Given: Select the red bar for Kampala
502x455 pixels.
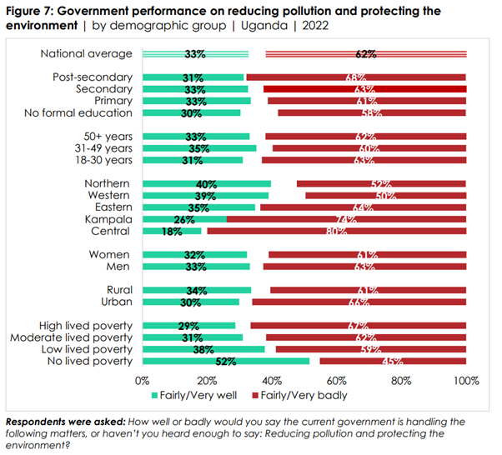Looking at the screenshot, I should coord(346,219).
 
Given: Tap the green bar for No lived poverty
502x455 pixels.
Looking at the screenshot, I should coord(226,361).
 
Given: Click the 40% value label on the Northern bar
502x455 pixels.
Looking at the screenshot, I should coord(195,183).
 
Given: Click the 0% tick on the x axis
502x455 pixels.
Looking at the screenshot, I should coord(143,381).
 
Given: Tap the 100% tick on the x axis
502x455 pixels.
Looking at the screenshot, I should coord(465,381).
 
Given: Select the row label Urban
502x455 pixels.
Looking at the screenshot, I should coord(116,302).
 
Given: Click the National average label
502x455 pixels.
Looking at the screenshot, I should coord(87,54).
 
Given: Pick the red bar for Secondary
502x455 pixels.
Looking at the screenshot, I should coord(364,89).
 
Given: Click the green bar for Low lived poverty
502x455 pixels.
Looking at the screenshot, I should coord(203,349).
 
